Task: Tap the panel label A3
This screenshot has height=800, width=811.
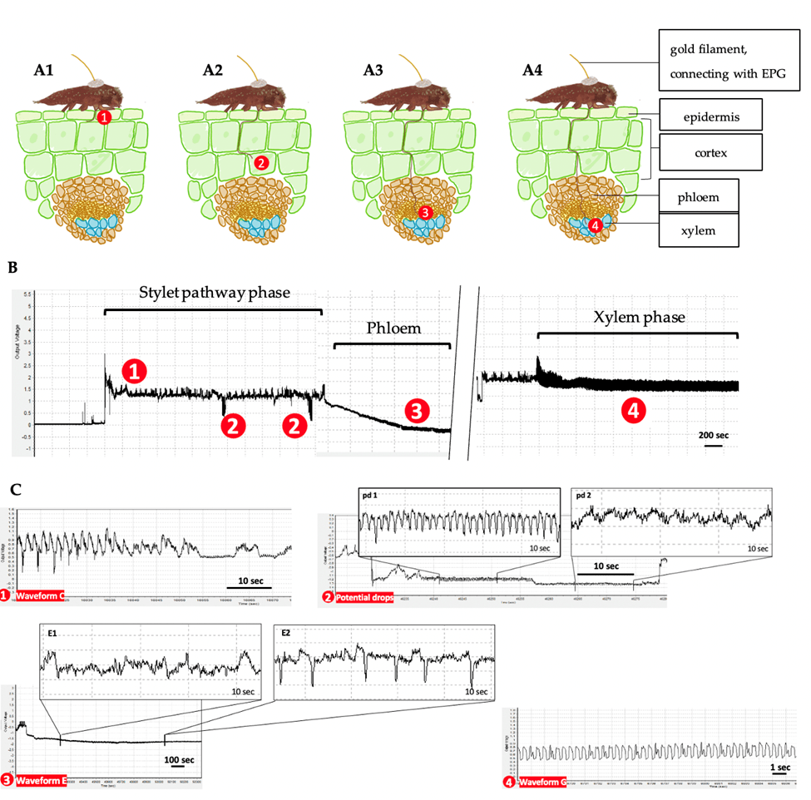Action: click(373, 69)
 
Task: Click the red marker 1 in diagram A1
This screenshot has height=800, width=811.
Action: click(103, 118)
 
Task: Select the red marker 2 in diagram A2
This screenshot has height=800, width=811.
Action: click(260, 163)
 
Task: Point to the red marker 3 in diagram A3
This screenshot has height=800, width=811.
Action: click(425, 214)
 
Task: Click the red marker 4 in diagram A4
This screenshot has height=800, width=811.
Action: click(594, 225)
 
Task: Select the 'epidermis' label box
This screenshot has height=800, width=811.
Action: click(710, 117)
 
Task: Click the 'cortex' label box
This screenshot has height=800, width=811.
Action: click(710, 153)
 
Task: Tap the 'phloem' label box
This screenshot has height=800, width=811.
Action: click(699, 197)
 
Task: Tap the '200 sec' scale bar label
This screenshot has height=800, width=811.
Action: click(713, 435)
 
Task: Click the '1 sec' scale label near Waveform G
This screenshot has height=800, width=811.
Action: click(779, 767)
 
